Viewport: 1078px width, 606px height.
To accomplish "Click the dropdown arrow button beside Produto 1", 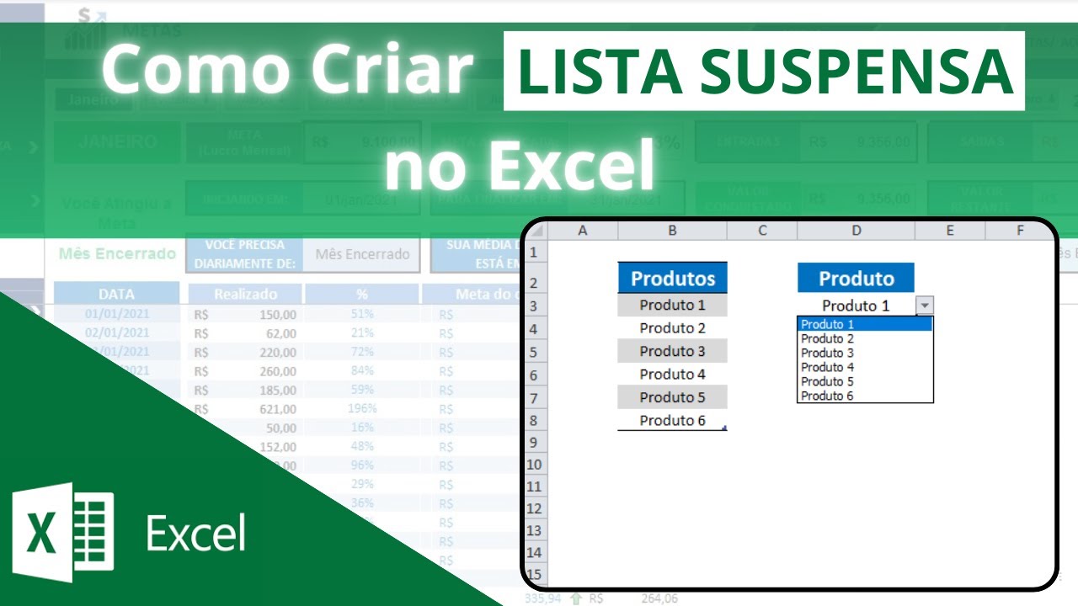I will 925,306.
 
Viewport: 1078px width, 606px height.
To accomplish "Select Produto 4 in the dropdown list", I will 828,367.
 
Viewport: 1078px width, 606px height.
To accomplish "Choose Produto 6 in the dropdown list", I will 828,396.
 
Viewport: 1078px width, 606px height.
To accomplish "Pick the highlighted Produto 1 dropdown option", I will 864,324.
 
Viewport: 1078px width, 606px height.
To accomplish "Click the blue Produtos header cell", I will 672,278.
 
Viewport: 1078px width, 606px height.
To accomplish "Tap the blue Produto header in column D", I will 856,278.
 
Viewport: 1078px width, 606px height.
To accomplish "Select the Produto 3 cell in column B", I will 672,351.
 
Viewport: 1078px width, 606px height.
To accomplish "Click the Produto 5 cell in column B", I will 672,397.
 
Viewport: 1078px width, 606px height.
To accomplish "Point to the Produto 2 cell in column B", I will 672,328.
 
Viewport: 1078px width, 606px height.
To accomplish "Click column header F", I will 1019,230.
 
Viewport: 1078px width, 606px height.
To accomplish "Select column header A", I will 582,230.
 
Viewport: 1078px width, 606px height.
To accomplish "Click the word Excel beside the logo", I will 195,534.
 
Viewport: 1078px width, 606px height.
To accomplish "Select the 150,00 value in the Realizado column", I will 277,315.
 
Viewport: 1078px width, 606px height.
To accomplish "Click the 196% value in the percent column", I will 361,409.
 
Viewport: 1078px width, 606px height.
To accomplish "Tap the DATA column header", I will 116,294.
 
